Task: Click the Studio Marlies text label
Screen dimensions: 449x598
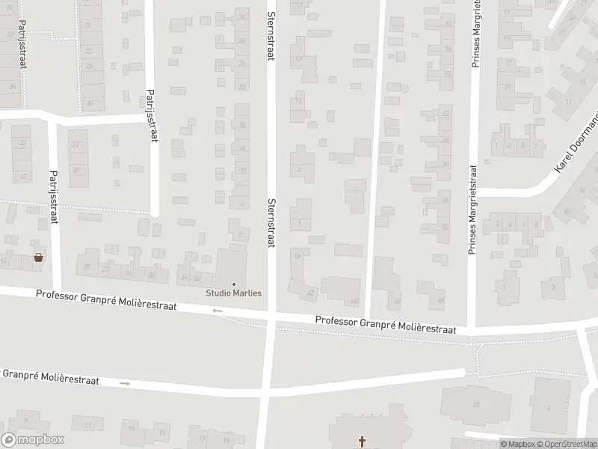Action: click(234, 293)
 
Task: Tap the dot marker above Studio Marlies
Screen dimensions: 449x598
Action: click(234, 284)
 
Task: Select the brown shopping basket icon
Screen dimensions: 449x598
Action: click(38, 258)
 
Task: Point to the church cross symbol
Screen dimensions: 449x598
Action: click(363, 442)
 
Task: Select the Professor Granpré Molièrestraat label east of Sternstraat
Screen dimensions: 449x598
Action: click(386, 325)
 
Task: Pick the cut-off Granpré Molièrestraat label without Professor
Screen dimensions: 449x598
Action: click(51, 376)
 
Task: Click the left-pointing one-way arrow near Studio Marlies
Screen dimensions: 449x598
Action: click(218, 311)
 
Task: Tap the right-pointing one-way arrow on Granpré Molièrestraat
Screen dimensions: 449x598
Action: click(125, 383)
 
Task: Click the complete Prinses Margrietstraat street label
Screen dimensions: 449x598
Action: click(472, 211)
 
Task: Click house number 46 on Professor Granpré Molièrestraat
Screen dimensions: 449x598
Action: click(398, 302)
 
